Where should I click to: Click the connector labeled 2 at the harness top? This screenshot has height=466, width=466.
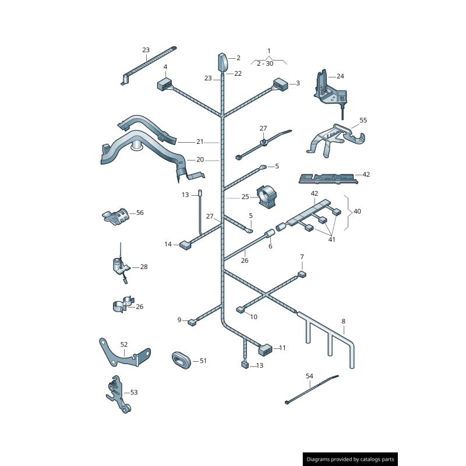pos(223,62)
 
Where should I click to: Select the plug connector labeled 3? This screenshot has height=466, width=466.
pos(280,84)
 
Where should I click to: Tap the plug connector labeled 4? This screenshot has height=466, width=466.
pos(164,84)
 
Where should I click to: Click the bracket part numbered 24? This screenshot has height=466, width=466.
pos(330,89)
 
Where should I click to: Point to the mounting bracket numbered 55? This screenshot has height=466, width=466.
pos(336,140)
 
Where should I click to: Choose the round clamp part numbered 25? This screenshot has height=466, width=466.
pos(267,196)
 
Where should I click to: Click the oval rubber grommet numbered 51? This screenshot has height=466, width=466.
pos(182,360)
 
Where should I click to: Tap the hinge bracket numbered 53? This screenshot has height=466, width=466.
pos(119,394)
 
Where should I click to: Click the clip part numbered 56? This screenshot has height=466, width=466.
pos(116,216)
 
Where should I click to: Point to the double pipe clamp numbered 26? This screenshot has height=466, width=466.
pos(123,304)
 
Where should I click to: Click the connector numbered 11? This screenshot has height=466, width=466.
pos(265,350)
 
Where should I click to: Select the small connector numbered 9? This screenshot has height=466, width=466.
pos(192,322)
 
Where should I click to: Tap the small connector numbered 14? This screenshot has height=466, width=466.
pos(185,245)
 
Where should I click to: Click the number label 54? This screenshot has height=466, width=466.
pos(309,376)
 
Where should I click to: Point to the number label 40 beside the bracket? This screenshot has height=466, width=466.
pos(357,211)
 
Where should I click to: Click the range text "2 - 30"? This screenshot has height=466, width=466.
pos(265,63)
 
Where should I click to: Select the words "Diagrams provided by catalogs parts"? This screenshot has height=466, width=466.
pos(350,459)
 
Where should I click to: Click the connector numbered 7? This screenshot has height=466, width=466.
pos(302,274)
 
